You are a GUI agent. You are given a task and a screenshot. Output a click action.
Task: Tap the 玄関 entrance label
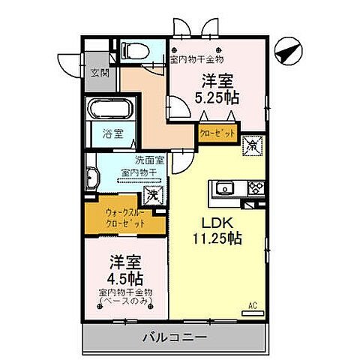tap(100, 73)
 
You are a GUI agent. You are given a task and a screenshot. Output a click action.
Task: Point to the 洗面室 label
tap(150, 160)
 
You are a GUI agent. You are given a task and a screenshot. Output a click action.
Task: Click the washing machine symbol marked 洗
tap(152, 195)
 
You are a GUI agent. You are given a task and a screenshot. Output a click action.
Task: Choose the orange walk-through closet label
tap(120, 217)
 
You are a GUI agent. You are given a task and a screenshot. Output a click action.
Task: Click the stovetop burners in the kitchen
tap(253, 187)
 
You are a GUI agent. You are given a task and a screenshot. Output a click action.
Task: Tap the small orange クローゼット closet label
tap(217, 133)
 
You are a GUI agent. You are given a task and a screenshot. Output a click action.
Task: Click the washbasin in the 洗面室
tap(93, 179)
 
